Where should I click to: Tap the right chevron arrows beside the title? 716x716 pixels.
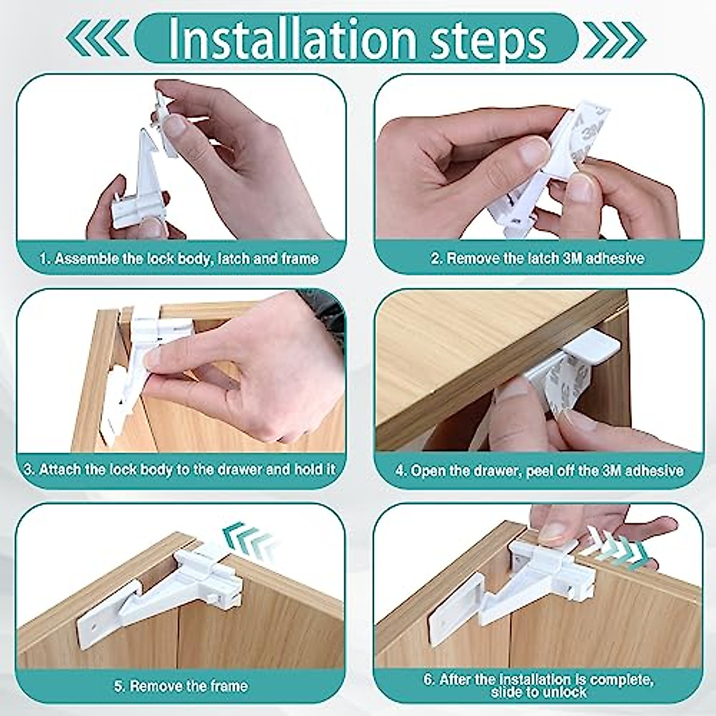click(x=615, y=39)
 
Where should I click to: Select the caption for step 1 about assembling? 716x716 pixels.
click(x=179, y=259)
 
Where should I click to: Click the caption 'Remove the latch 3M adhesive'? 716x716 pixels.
click(x=537, y=259)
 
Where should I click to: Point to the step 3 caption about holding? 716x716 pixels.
click(x=180, y=470)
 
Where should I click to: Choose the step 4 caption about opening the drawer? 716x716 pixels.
click(x=539, y=471)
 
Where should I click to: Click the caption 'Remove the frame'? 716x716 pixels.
click(x=180, y=686)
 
